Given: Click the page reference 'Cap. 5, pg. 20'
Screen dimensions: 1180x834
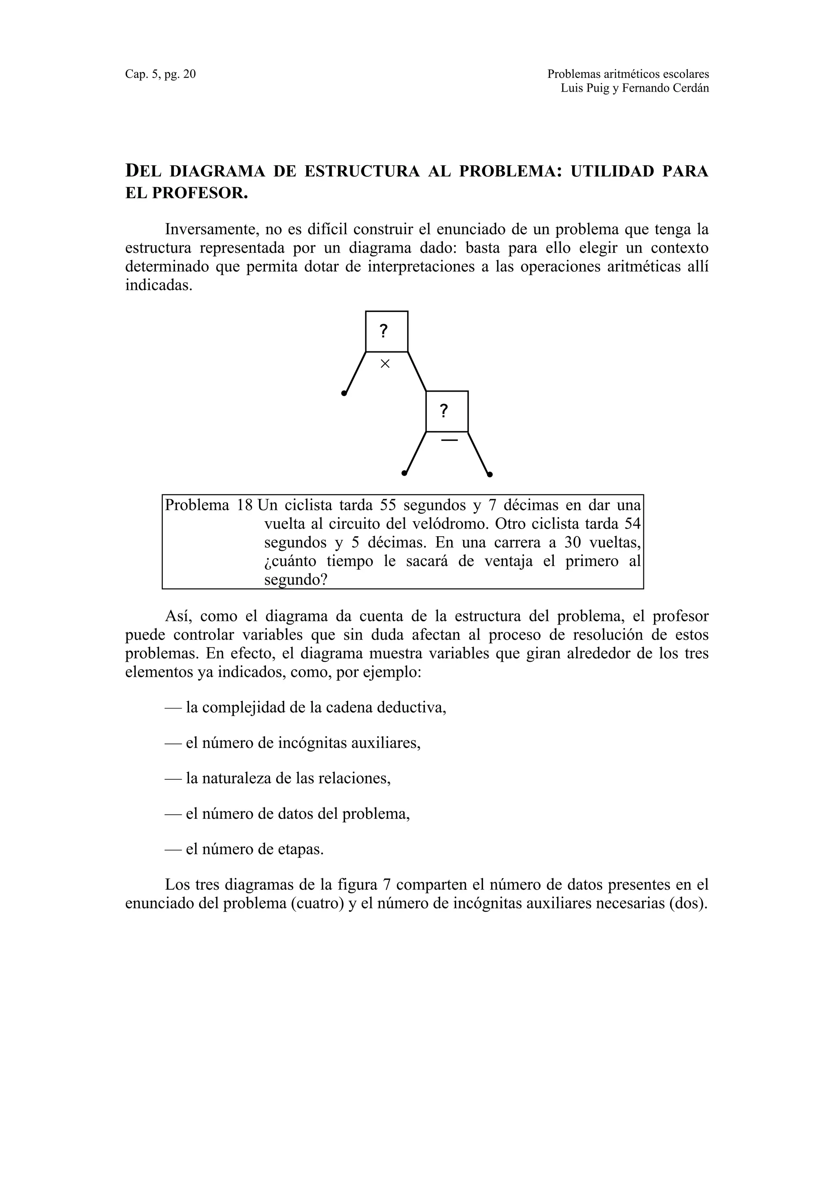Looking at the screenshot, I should point(160,75).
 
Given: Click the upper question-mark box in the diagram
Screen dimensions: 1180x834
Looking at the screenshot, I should point(386,331).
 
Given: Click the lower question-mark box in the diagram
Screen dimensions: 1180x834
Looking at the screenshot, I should point(447,411).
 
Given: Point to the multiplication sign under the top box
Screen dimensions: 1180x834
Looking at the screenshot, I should point(385,364).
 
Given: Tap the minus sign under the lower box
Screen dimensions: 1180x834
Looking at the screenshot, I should point(449,440).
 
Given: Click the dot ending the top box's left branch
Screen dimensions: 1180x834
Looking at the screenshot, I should point(344,394).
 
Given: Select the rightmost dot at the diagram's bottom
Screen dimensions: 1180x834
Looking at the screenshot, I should point(490,474).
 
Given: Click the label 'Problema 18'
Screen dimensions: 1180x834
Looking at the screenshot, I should point(208,505).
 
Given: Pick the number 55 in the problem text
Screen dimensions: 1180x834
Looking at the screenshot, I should point(389,505).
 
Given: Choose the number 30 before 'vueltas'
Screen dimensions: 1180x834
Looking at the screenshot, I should point(573,542).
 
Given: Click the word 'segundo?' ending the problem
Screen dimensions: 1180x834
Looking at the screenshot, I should point(296,580).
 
